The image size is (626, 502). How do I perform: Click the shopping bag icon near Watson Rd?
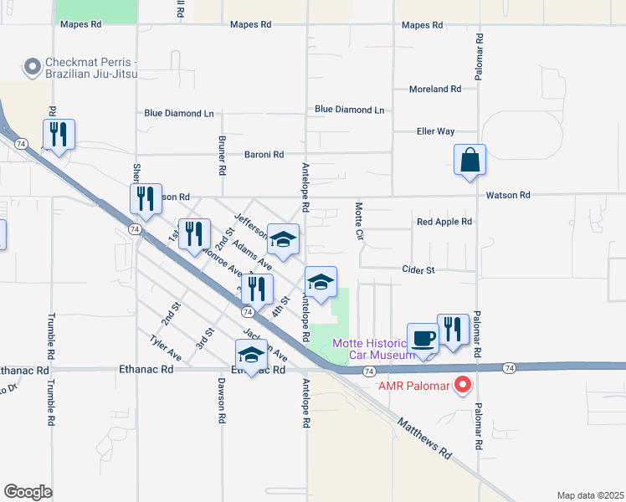pos(470,160)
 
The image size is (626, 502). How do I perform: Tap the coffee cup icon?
pos(423,339)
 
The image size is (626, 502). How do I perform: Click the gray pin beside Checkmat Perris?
pos(33,66)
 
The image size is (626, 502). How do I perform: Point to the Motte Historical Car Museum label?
pos(374,349)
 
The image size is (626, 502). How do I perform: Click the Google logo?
pos(28,492)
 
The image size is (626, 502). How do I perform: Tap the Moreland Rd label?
pos(435,90)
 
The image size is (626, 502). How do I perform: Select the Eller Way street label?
pos(435,131)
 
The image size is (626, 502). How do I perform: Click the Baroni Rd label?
pos(264,155)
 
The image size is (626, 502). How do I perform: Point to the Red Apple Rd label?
pos(444,222)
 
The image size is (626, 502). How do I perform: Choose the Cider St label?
pos(418,270)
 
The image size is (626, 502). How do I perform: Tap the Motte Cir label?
pos(359,221)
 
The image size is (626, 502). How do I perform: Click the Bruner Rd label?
pos(223,155)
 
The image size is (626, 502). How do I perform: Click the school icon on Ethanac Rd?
pos(252,355)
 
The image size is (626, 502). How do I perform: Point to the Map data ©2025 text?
pos(591,495)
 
